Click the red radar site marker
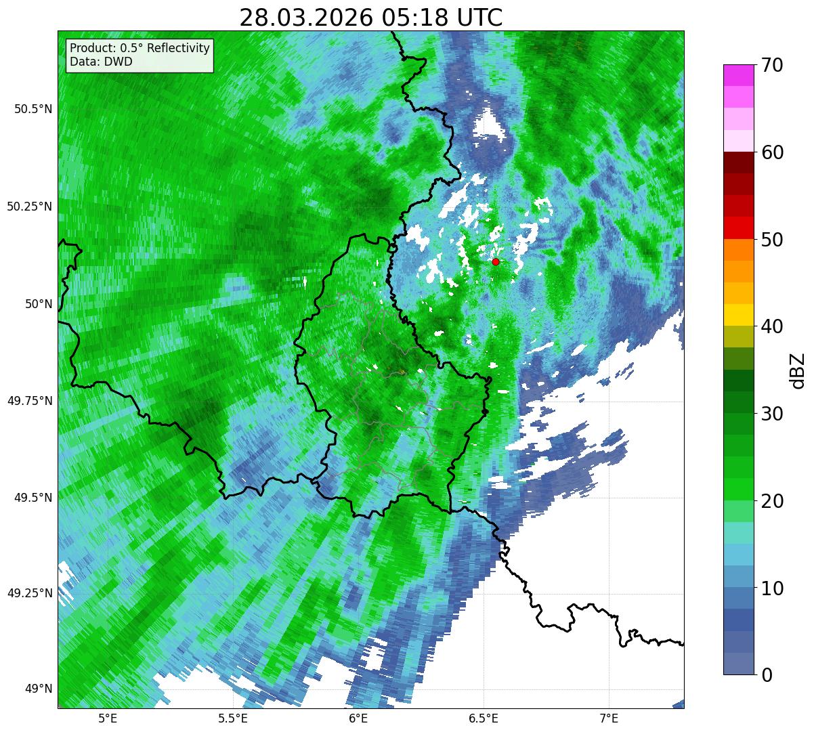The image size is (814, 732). tap(496, 261)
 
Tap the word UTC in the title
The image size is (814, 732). tap(480, 18)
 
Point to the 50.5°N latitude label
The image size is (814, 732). tap(29, 109)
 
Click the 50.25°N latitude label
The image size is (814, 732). tap(29, 207)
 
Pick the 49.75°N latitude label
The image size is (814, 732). tap(29, 401)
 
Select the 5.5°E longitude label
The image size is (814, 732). tap(232, 718)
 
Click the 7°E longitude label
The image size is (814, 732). tap(609, 718)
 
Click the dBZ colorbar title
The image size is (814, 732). tap(798, 370)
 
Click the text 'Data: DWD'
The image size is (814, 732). tap(101, 62)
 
